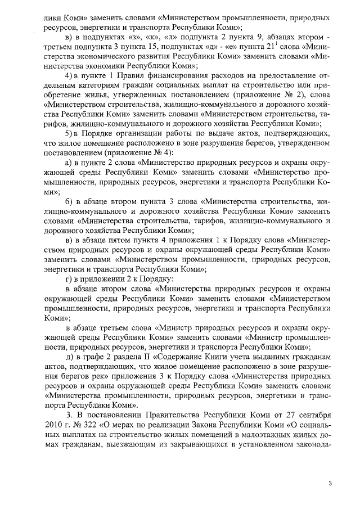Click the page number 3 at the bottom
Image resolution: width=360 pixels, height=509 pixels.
(x=331, y=483)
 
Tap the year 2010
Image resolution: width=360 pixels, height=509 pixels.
(x=53, y=424)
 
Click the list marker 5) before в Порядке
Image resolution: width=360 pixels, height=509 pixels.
(x=69, y=133)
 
